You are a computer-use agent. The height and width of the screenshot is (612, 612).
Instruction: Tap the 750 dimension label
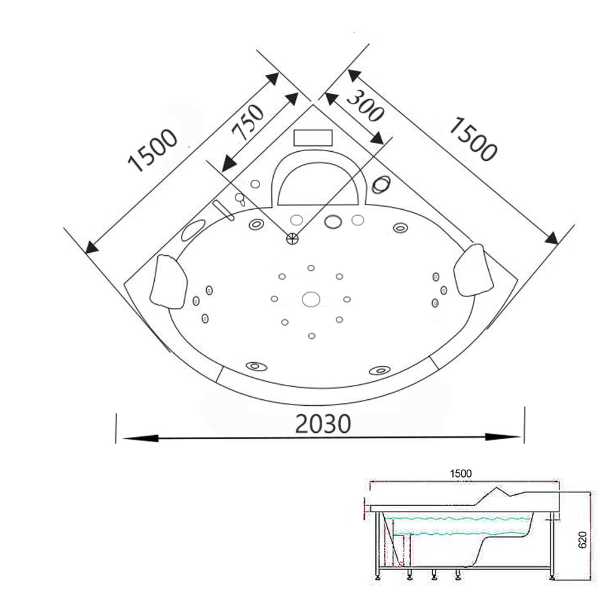click(247, 123)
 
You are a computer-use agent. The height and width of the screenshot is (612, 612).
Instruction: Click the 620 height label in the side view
click(582, 540)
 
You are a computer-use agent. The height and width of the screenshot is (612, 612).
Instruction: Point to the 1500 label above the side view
click(461, 473)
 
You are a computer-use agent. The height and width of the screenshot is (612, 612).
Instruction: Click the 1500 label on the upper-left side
click(152, 150)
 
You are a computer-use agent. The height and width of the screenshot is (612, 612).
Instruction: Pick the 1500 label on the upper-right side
click(473, 139)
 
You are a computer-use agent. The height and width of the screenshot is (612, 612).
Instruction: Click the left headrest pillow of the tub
click(169, 281)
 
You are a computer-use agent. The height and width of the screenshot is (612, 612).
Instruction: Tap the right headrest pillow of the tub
click(473, 270)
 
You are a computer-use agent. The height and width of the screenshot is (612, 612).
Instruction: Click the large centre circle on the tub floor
click(311, 299)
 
